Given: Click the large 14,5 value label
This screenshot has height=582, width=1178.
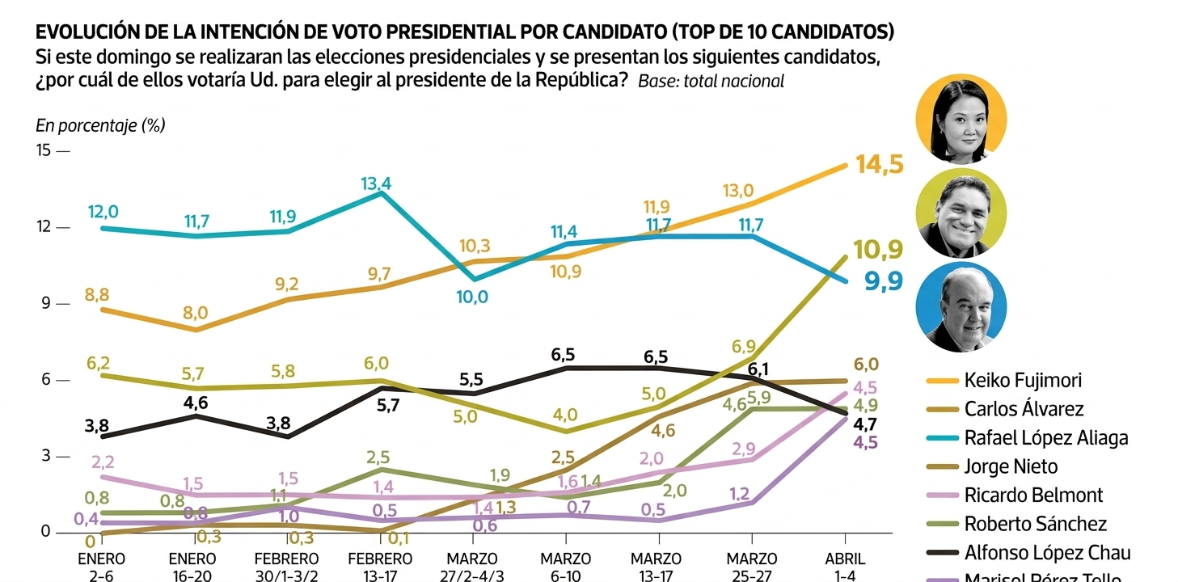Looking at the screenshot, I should [879, 164].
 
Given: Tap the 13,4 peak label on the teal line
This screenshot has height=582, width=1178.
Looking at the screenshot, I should [376, 183].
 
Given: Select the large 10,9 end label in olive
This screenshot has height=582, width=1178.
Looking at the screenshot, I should [878, 250].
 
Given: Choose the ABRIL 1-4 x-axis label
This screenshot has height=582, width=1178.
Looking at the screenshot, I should [845, 566].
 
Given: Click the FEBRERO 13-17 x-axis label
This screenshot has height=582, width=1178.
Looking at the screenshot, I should [380, 566].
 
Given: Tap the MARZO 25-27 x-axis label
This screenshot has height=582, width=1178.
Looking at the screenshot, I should [751, 566].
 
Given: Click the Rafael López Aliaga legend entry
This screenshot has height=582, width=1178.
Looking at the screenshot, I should [1045, 438].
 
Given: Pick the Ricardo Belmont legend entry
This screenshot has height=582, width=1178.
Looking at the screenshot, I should [1033, 495].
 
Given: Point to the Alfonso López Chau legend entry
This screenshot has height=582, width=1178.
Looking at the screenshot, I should [1047, 553].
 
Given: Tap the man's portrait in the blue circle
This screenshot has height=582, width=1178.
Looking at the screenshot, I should [961, 308].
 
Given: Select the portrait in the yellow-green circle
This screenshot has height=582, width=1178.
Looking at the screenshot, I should [961, 214].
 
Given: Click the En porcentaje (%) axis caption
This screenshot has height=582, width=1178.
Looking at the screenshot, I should [100, 126].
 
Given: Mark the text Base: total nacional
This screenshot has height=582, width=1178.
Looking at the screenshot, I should [711, 81].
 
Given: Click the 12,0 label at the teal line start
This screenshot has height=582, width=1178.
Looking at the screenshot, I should [103, 212].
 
